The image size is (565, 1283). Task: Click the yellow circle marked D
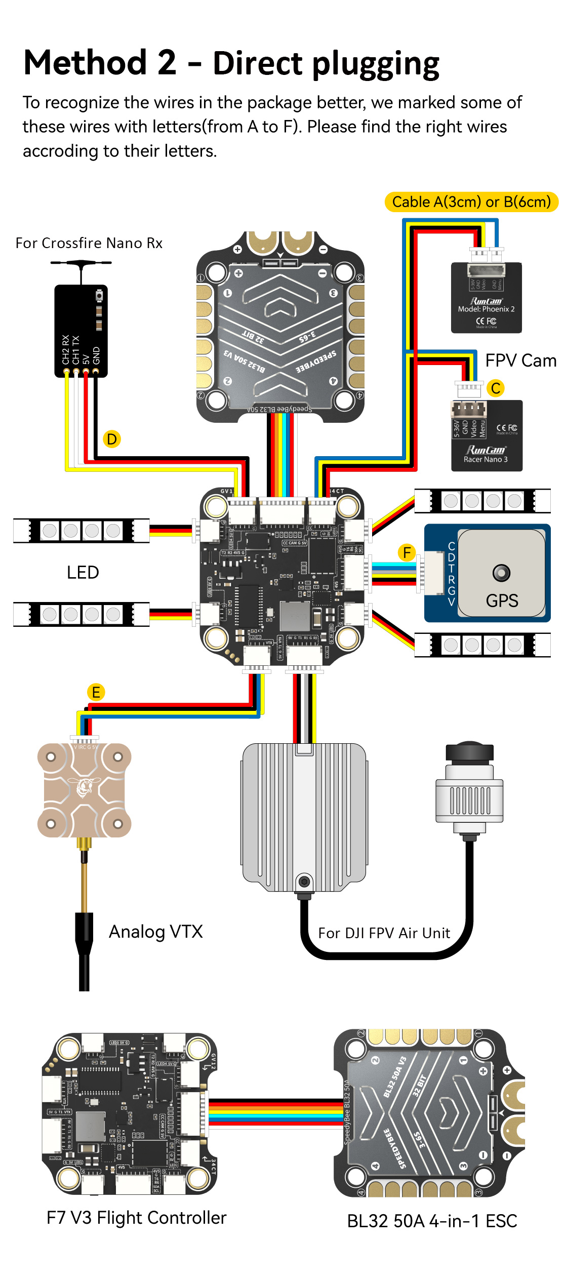click(x=112, y=439)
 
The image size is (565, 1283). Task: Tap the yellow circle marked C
click(x=496, y=388)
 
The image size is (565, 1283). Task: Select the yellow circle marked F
click(x=407, y=552)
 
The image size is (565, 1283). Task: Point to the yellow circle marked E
click(x=96, y=692)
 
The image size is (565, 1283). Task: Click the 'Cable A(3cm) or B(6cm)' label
click(x=471, y=202)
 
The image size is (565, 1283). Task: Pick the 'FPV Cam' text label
click(x=520, y=360)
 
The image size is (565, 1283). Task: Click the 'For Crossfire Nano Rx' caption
click(x=89, y=244)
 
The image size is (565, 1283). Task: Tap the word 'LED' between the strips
click(x=83, y=573)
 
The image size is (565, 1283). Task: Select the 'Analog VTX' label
click(x=156, y=932)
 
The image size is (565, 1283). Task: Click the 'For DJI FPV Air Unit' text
click(x=384, y=933)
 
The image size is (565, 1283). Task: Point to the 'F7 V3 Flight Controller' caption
click(x=136, y=1218)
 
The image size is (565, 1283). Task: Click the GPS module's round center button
click(x=501, y=573)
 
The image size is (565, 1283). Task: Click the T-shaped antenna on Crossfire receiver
click(x=81, y=263)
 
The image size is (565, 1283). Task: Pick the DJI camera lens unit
click(x=469, y=790)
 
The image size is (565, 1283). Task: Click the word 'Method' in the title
click(x=85, y=63)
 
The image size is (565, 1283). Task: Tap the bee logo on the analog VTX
click(x=84, y=788)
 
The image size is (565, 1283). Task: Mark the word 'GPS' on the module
click(x=502, y=601)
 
